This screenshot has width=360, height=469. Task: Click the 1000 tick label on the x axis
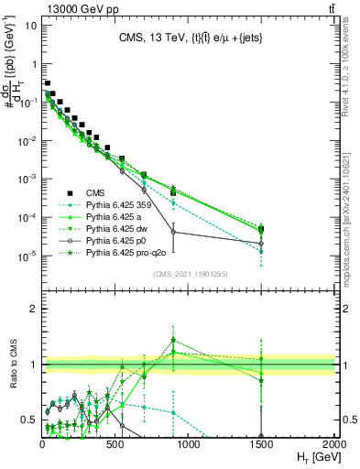pyautogui.click(x=189, y=444)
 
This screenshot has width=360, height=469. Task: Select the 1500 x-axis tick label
pyautogui.click(x=261, y=444)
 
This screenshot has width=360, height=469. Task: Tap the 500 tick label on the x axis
pyautogui.click(x=115, y=444)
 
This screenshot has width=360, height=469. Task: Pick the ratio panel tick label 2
pyautogui.click(x=34, y=309)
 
